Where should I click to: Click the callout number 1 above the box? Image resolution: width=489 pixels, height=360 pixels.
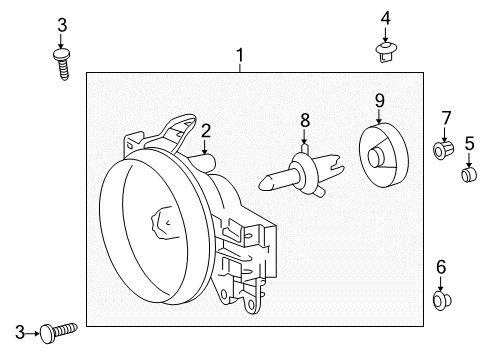240,54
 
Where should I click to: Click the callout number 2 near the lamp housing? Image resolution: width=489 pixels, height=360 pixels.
204,129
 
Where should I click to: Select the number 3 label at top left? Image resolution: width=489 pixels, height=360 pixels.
61,24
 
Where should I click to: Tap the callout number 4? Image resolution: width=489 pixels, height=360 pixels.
385,17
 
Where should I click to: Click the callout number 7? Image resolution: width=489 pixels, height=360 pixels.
446,118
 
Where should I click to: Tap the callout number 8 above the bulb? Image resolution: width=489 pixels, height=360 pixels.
305,121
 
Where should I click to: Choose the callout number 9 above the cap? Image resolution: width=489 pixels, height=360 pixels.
380,99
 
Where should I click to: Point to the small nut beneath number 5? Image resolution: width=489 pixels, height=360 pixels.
466,176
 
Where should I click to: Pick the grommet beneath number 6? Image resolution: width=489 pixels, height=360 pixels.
440,298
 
